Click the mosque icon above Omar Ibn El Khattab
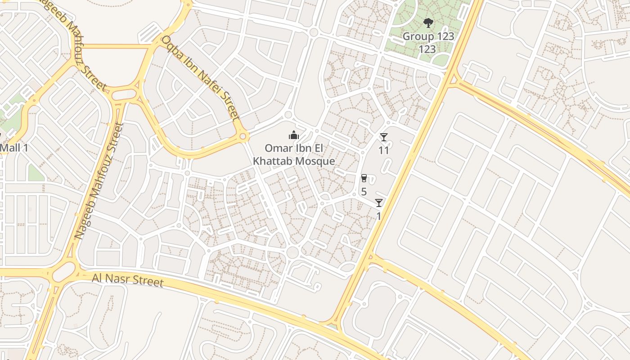point(294,135)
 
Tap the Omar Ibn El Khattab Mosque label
point(294,154)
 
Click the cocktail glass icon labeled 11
point(383,137)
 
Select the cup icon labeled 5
point(364,178)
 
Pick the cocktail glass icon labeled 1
point(379,203)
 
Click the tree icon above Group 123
point(428,22)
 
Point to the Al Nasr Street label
point(127,280)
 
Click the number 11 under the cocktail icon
point(383,150)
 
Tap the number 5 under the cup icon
point(364,191)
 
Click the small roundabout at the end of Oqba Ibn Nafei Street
point(243,135)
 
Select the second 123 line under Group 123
point(427,49)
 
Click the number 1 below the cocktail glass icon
point(378,216)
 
